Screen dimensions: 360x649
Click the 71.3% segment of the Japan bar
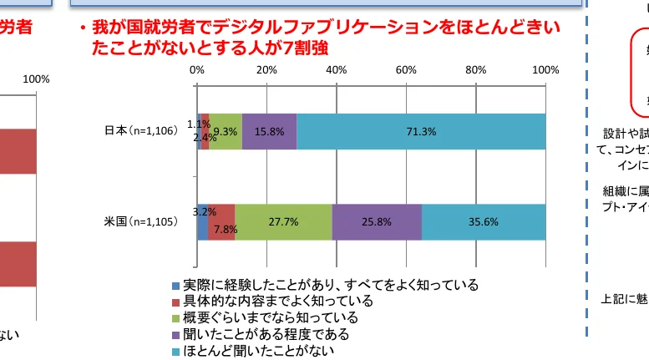(x=421, y=131)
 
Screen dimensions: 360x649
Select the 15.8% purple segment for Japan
(x=269, y=131)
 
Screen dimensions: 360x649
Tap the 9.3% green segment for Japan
(x=226, y=131)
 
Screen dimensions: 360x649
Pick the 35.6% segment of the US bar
(x=484, y=221)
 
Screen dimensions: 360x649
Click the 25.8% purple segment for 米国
(x=377, y=221)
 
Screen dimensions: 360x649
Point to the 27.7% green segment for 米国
(x=283, y=221)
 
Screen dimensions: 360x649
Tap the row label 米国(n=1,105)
(x=140, y=221)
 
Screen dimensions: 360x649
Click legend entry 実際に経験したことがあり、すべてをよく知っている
(x=330, y=285)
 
